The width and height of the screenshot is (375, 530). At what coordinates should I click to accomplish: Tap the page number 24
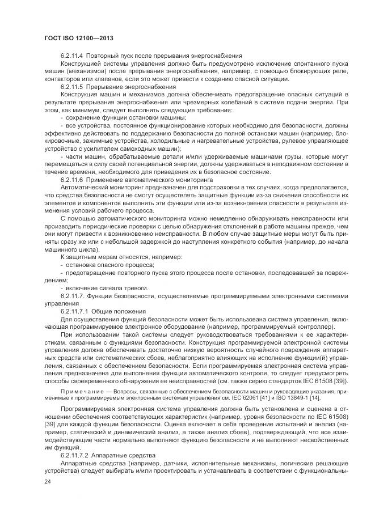(x=47, y=481)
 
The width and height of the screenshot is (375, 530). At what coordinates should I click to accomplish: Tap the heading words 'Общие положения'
(x=125, y=311)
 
